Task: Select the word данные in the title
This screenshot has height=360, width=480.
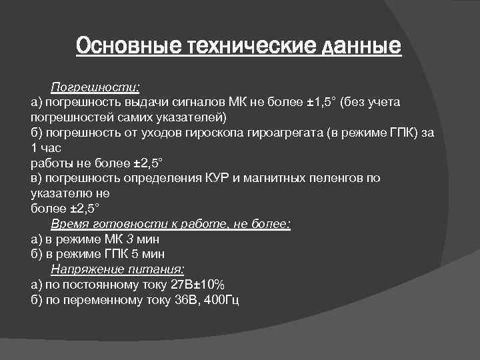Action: pyautogui.click(x=361, y=47)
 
